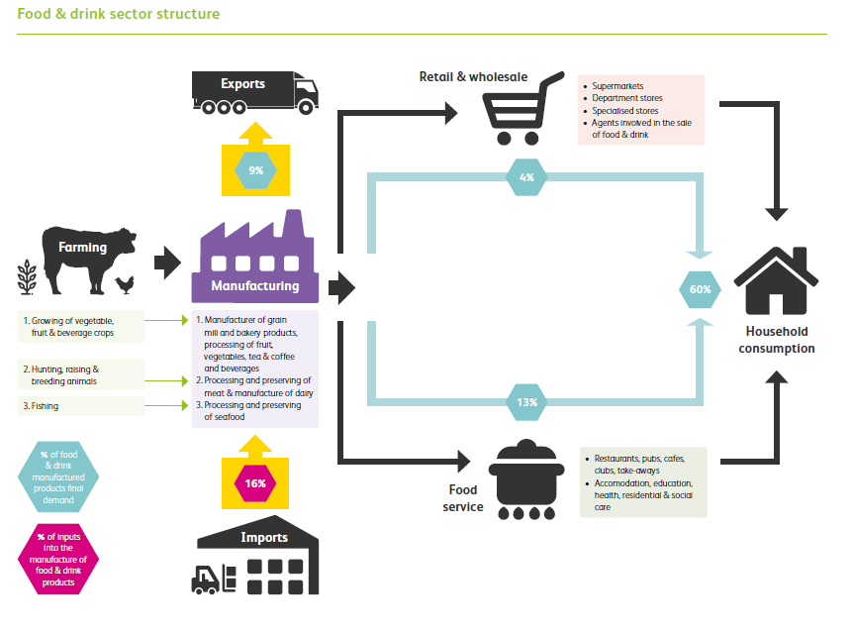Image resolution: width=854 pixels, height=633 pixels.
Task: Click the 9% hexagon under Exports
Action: [x=256, y=171]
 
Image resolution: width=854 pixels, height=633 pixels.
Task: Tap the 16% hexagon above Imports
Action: [x=256, y=483]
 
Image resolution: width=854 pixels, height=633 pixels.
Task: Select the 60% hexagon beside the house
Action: [x=701, y=289]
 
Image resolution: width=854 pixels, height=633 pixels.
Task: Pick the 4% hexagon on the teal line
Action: [x=525, y=177]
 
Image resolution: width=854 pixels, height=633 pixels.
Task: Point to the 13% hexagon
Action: [x=525, y=402]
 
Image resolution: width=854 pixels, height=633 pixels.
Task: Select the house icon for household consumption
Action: [x=776, y=276]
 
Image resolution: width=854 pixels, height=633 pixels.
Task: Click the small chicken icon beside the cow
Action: [x=125, y=284]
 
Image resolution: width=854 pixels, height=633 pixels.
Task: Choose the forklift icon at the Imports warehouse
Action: [x=213, y=580]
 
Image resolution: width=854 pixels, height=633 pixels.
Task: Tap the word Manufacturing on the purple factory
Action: [x=254, y=286]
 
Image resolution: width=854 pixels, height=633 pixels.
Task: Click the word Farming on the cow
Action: [x=82, y=247]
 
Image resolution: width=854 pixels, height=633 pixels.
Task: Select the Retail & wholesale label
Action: [x=473, y=76]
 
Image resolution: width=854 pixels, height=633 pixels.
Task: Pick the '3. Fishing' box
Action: [x=81, y=406]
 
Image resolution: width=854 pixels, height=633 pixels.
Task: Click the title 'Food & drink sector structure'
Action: [x=119, y=15]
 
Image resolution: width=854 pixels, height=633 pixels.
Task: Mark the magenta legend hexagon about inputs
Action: [x=58, y=560]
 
